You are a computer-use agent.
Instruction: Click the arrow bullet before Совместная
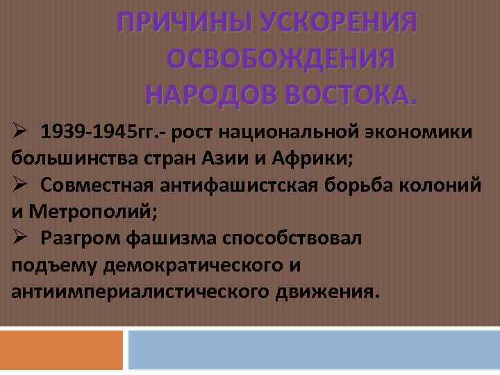tap(19, 183)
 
